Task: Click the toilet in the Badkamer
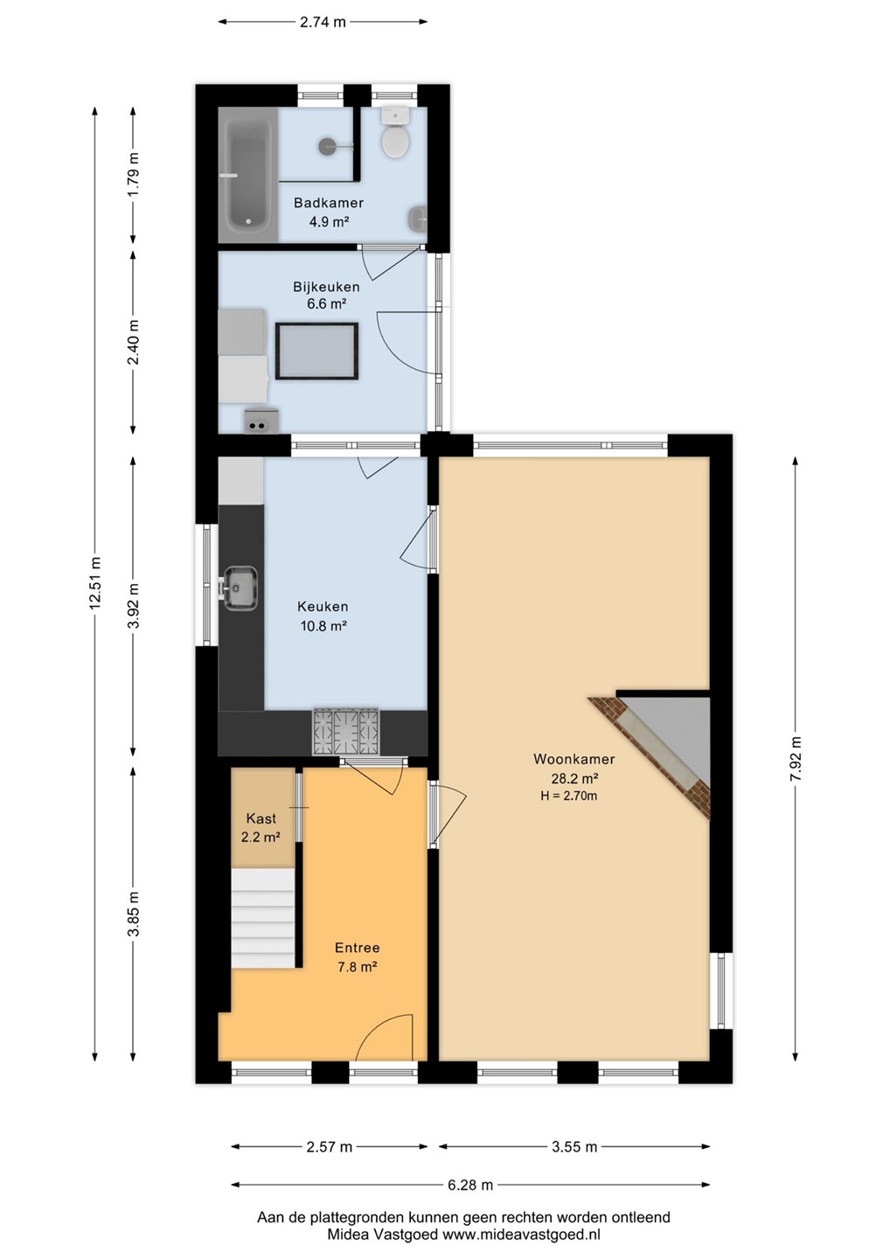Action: tap(395, 135)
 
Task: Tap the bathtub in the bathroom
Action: tap(247, 175)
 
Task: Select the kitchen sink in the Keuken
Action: tap(240, 588)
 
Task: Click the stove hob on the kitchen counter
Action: tap(346, 731)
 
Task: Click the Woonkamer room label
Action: tap(574, 759)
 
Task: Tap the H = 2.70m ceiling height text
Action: tap(568, 796)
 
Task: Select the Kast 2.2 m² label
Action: tap(261, 828)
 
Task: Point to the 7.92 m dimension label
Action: tap(796, 759)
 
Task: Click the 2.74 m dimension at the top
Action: tap(323, 23)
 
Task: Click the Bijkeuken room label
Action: tap(326, 287)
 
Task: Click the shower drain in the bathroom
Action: tap(326, 146)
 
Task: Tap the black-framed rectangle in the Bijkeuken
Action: tap(316, 351)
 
